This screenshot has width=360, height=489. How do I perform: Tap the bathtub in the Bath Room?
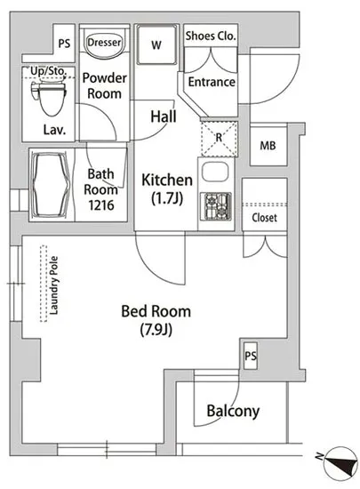click(52, 185)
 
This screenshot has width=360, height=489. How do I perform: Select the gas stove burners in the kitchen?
click(215, 205)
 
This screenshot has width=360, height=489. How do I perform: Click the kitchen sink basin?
click(215, 172)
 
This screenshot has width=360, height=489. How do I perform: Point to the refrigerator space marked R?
click(220, 139)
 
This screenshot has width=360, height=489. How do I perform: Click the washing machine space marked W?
click(156, 44)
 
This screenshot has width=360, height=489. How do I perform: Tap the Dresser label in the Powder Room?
click(104, 42)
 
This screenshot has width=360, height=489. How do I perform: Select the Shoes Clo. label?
click(211, 36)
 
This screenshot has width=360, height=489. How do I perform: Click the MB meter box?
click(268, 145)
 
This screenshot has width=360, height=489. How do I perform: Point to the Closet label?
click(264, 217)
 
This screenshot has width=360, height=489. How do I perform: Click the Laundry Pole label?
click(54, 285)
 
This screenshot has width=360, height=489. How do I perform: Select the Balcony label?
click(233, 411)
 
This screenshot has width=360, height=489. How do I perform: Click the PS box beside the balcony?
click(251, 356)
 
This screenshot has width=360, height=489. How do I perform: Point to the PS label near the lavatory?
click(64, 44)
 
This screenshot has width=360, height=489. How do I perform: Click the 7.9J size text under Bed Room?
click(156, 330)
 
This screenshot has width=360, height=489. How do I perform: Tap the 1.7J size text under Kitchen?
click(167, 197)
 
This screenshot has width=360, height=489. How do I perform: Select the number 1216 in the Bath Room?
click(101, 205)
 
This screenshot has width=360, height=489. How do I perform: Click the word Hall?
click(164, 116)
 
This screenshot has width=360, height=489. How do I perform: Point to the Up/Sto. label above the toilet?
click(48, 71)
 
